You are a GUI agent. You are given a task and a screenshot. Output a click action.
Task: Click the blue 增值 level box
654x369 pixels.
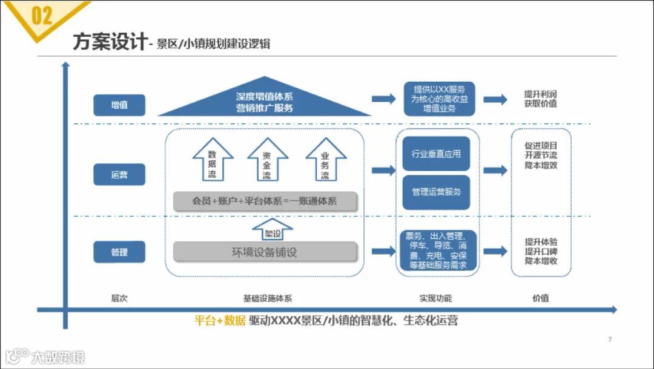click(x=119, y=105)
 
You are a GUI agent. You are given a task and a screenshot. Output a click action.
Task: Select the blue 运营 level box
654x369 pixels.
click(x=119, y=175)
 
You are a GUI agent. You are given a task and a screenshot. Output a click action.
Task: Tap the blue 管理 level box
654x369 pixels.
click(x=119, y=252)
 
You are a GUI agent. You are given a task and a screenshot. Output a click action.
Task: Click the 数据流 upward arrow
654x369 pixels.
click(x=213, y=160)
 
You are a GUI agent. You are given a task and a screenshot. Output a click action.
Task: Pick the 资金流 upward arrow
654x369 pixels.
click(x=267, y=160)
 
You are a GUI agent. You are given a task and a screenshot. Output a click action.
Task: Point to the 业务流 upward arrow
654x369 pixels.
click(x=325, y=160)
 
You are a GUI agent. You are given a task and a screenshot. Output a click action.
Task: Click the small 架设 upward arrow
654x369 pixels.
click(x=272, y=230)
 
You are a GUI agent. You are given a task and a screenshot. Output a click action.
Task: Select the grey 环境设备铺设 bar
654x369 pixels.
click(x=265, y=252)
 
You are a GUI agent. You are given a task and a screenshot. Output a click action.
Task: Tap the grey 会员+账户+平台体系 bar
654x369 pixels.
click(x=265, y=201)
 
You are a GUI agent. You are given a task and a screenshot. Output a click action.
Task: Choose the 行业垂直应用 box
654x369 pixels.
click(x=436, y=154)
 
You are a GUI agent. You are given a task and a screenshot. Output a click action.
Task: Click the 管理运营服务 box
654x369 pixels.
click(x=436, y=192)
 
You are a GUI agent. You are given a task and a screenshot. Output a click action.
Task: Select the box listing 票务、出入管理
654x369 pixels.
click(x=436, y=251)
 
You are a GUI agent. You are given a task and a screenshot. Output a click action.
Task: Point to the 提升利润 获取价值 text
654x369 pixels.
click(x=541, y=99)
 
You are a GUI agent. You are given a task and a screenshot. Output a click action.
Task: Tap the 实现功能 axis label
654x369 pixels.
click(x=435, y=298)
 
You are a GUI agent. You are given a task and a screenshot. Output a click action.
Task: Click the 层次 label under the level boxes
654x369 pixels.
click(x=119, y=298)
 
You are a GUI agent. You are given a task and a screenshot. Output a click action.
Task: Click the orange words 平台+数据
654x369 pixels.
click(x=219, y=321)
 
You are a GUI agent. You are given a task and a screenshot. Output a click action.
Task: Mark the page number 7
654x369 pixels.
click(x=610, y=339)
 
